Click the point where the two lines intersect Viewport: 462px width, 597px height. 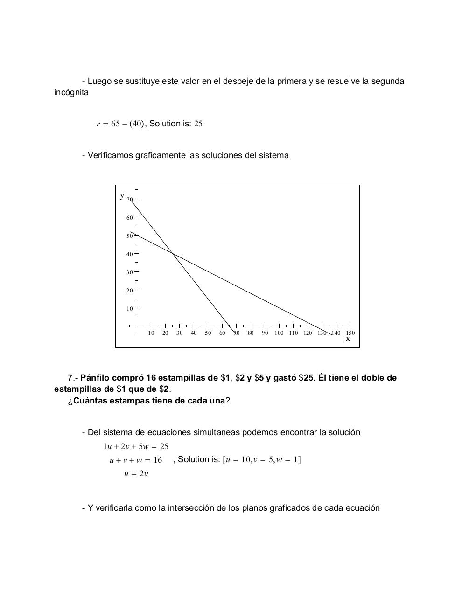[x=173, y=253]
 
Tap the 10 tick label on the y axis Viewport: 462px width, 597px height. [x=129, y=308]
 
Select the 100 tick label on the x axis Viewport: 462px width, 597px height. [x=279, y=333]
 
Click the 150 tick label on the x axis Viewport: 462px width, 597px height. [x=350, y=333]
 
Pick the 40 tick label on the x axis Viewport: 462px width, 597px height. [x=194, y=333]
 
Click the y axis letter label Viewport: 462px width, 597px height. [x=122, y=195]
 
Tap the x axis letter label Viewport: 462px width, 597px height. [x=348, y=339]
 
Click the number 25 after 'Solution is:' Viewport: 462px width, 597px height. [x=198, y=124]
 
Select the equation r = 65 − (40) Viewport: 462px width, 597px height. [x=120, y=124]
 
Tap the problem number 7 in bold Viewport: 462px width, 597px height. [x=70, y=378]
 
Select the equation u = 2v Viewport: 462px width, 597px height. [x=136, y=474]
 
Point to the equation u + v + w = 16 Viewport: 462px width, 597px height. [x=136, y=460]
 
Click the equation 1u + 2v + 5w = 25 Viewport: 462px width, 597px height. [x=136, y=446]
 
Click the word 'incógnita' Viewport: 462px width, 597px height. [x=71, y=92]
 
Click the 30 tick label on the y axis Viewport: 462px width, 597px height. [x=129, y=272]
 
